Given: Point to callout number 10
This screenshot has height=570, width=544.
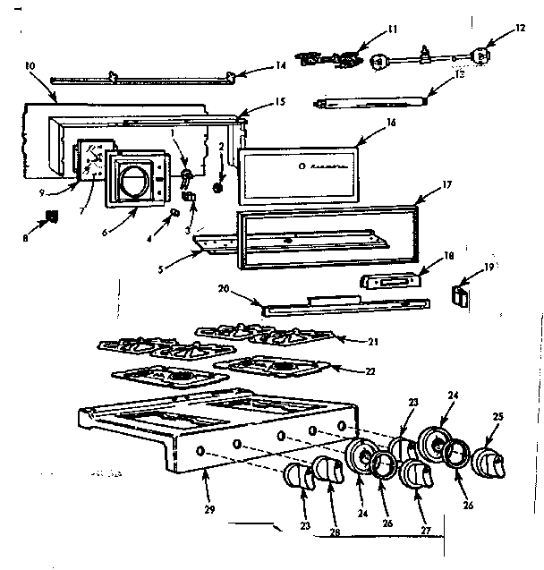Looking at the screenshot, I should [x=29, y=66].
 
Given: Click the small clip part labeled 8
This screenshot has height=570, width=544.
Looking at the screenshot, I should [x=52, y=216].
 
